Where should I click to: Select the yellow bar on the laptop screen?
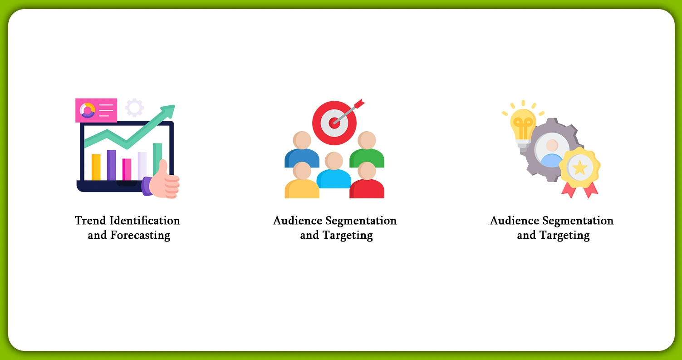pyautogui.click(x=96, y=167)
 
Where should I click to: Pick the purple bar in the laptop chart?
pyautogui.click(x=111, y=165)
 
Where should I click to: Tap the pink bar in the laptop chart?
pyautogui.click(x=127, y=169)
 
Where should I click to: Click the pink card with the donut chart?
pyautogui.click(x=96, y=110)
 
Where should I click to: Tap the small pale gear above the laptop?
pyautogui.click(x=134, y=108)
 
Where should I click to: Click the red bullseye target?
pyautogui.click(x=334, y=122)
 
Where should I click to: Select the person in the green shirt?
pyautogui.click(x=367, y=150)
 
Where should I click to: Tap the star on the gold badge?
pyautogui.click(x=579, y=168)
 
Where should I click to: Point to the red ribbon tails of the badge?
pyautogui.click(x=579, y=190)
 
